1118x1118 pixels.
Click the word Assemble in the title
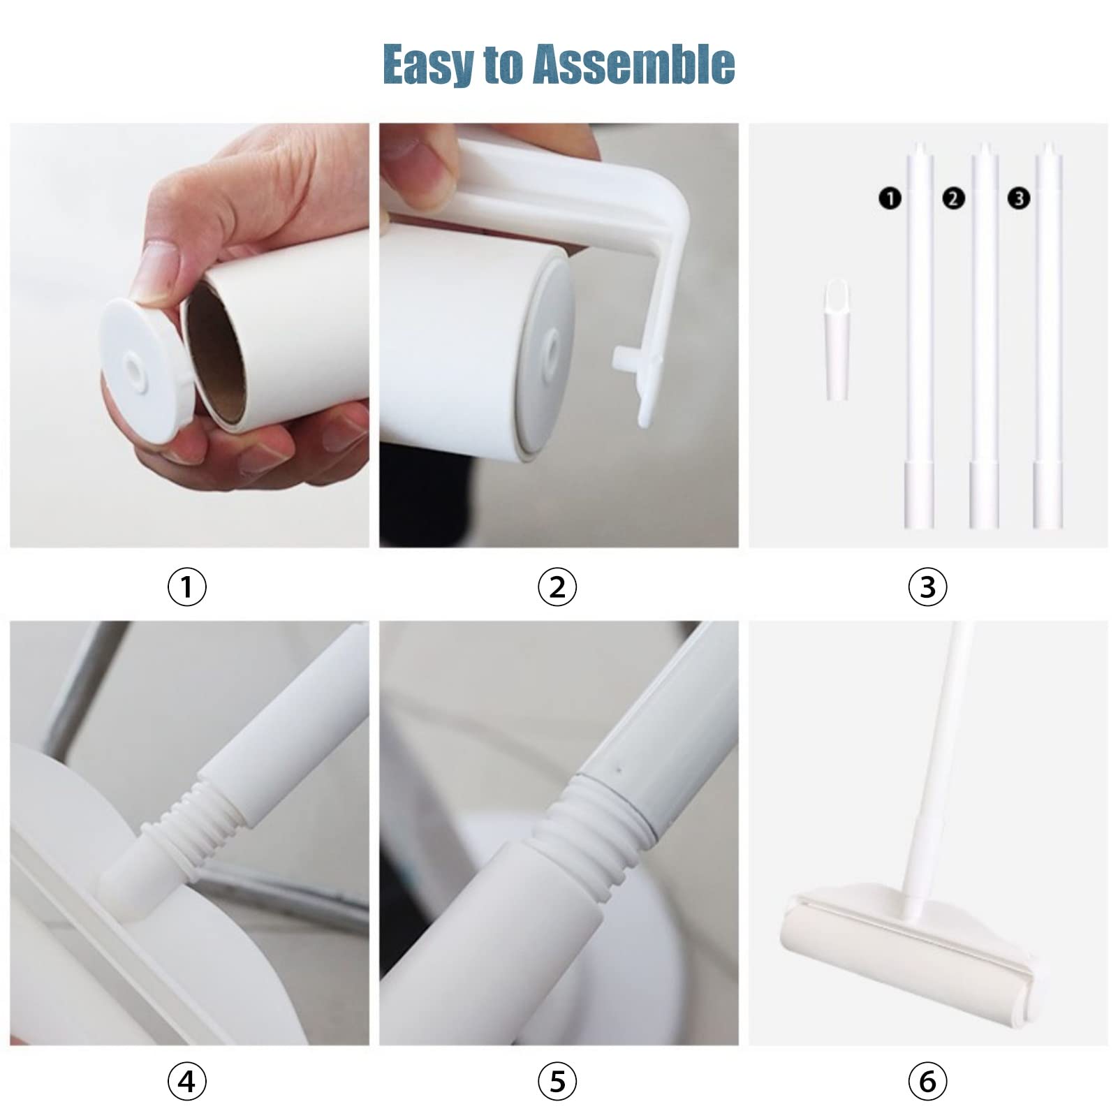coord(633,64)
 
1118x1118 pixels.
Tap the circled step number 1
coord(187,587)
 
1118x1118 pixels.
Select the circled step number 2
coord(557,587)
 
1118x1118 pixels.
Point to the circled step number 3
coord(927,587)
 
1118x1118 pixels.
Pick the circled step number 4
coord(187,1082)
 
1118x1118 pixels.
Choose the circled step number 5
coord(557,1082)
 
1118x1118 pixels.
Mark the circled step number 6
coord(927,1082)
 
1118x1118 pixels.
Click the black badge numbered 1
coord(890,198)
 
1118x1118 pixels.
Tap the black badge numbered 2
coord(953,198)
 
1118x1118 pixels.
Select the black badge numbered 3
coord(1019,198)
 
